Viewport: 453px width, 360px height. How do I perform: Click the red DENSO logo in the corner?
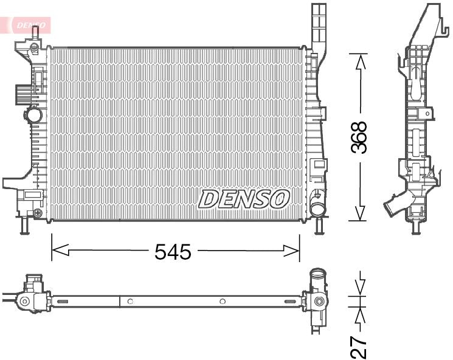click(29, 24)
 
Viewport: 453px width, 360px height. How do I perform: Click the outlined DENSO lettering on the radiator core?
click(244, 198)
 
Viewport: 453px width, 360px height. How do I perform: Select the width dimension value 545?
click(173, 251)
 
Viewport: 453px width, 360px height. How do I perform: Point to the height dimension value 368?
click(361, 137)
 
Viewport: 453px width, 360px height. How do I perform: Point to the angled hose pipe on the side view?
click(395, 205)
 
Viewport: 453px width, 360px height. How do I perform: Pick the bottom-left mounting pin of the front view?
click(25, 226)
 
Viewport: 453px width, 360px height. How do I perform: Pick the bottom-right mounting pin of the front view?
click(318, 226)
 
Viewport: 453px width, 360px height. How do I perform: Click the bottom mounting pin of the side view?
click(416, 226)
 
